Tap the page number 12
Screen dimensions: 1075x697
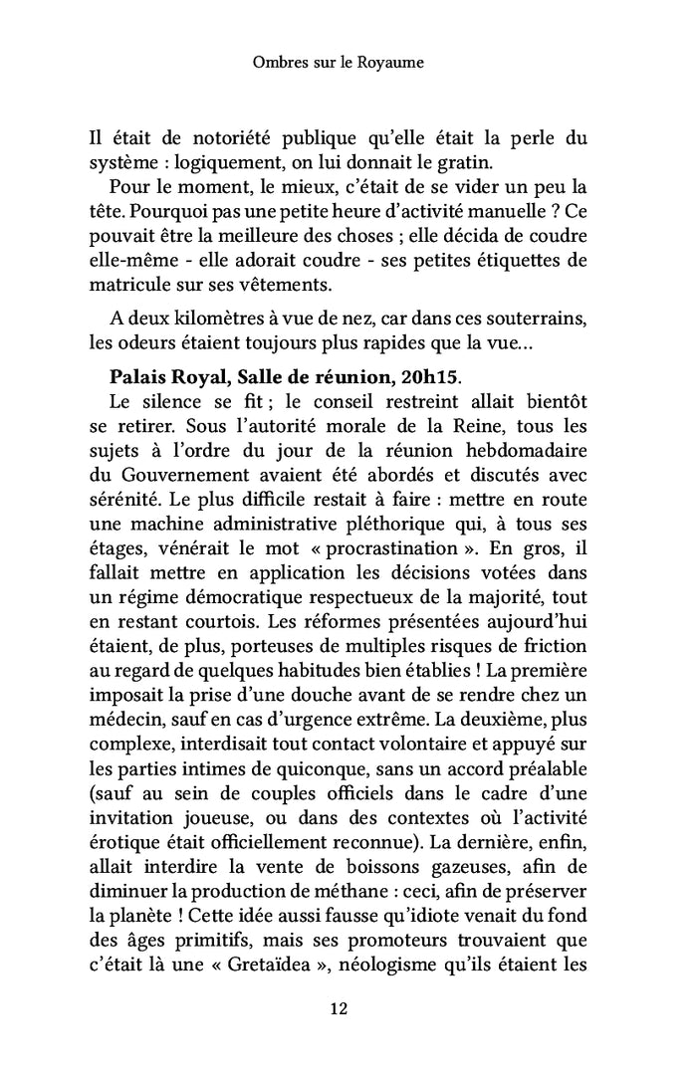pos(338,1009)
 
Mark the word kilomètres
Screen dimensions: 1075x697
pos(199,322)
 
